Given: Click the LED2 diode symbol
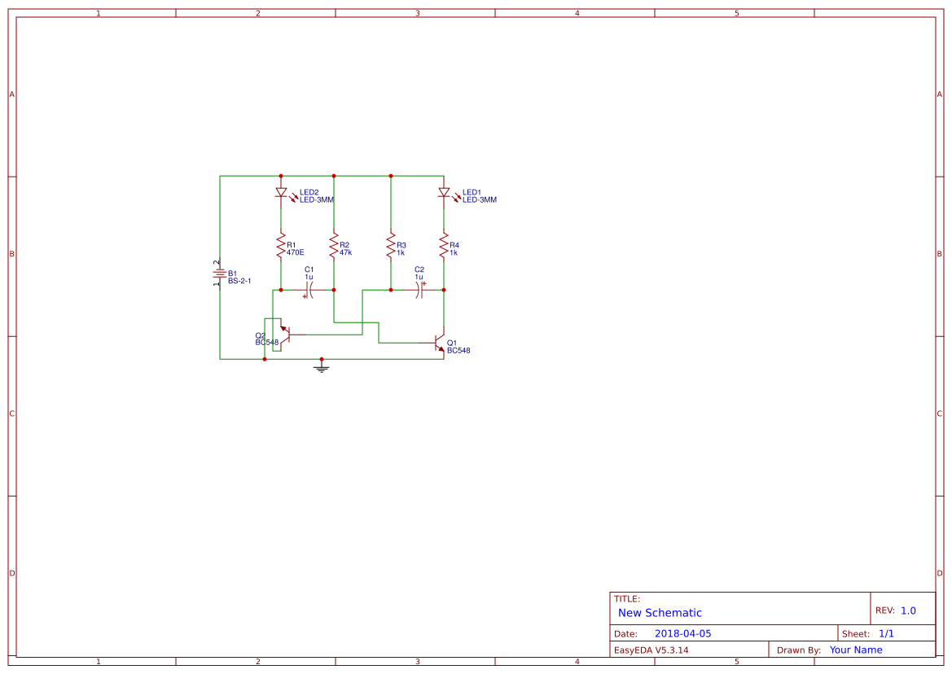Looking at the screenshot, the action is (281, 192).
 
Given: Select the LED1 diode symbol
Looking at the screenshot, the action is (444, 192).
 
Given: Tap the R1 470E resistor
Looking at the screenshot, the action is (281, 247).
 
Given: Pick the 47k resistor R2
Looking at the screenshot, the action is (334, 247).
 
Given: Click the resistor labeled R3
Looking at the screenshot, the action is (391, 247).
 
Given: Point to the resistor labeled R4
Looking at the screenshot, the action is (444, 247).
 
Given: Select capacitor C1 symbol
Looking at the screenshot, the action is (309, 290).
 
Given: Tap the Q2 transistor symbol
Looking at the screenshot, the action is (285, 335).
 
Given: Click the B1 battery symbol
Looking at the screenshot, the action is (220, 274).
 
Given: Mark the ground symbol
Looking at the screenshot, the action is (322, 365).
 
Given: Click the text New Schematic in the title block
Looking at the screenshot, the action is (660, 613).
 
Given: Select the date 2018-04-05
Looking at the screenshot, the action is (683, 633).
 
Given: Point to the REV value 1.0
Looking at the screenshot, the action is (908, 611).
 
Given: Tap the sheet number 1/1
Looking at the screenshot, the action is (886, 633).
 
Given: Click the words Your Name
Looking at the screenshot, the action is (856, 650).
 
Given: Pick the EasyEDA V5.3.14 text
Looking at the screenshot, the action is (651, 650).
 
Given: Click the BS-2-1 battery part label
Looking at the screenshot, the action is (239, 281).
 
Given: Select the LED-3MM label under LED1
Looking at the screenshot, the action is (480, 199).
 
